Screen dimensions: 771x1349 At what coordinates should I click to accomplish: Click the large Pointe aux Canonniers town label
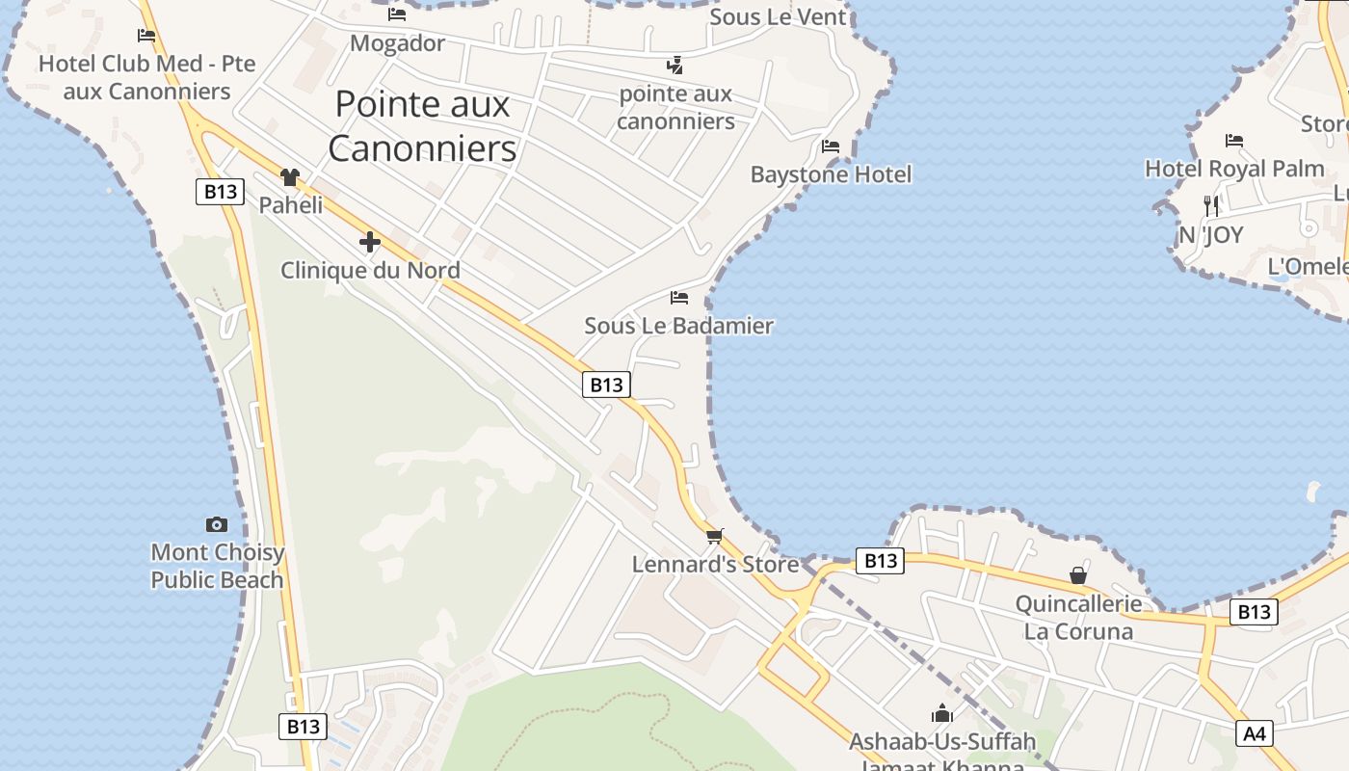tap(422, 126)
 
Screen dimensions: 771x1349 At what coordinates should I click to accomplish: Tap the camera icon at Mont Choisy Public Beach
tap(217, 525)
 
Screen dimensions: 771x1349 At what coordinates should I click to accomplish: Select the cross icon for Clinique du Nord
tap(369, 242)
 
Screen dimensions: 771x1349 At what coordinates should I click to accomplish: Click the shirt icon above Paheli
tap(290, 177)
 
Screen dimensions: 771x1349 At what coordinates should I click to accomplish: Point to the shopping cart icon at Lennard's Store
tap(714, 536)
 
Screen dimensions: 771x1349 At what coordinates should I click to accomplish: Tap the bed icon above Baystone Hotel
tap(831, 146)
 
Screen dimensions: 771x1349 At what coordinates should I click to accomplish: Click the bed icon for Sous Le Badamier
tap(679, 298)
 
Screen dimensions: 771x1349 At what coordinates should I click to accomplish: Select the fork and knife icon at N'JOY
tap(1211, 205)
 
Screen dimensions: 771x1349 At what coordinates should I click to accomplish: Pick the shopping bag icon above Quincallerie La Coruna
tap(1078, 575)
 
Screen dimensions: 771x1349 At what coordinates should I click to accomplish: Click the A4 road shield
tap(1254, 733)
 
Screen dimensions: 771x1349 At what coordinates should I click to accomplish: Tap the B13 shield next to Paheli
tap(221, 191)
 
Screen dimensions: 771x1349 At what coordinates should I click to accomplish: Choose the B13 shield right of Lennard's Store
tap(880, 560)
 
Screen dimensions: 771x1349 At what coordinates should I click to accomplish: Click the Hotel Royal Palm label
tap(1234, 169)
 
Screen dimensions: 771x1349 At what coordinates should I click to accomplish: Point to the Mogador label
tap(397, 43)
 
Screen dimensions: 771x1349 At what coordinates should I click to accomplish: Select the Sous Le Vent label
tap(778, 16)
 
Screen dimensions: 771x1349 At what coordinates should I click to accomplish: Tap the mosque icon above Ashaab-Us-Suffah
tap(941, 713)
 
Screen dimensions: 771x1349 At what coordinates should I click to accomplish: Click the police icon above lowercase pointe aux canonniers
tap(675, 66)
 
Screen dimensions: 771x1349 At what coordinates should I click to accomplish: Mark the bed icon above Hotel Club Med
tap(146, 36)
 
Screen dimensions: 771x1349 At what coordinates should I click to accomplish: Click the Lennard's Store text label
tap(715, 564)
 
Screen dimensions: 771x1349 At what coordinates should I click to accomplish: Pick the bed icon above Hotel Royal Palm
tap(1234, 141)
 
